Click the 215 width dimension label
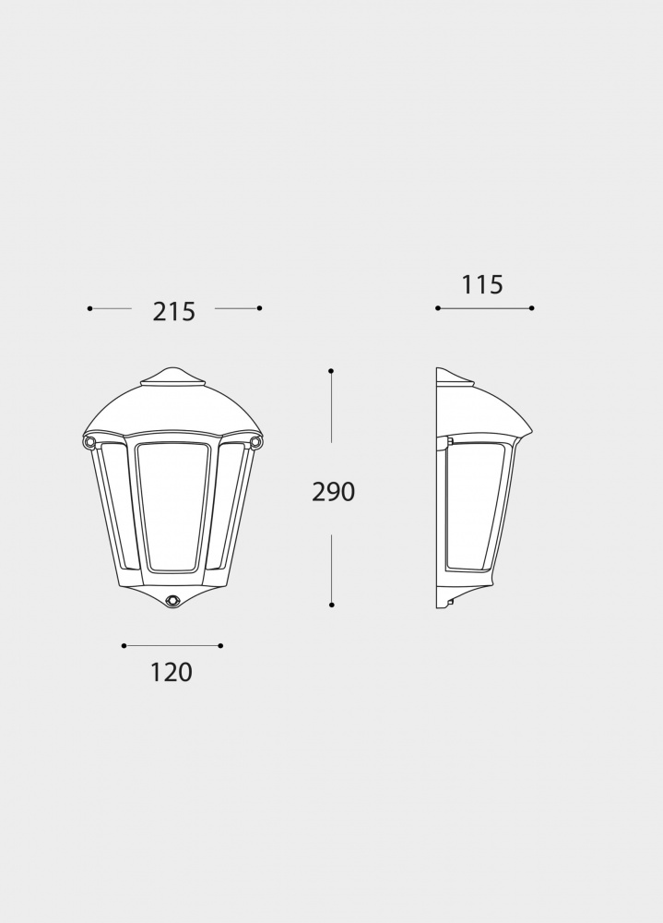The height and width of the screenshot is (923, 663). pos(174,312)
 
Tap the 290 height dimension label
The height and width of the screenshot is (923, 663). pos(333,493)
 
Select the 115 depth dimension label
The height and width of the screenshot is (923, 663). pos(482,285)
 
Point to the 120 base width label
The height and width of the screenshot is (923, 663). pos(172,673)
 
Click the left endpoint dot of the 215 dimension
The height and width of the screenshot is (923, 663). pos(89,308)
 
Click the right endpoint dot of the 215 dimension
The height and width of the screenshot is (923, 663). pos(260,308)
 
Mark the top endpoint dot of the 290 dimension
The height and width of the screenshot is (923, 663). pos(331,371)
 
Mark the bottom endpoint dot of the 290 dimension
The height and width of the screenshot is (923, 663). pos(331,605)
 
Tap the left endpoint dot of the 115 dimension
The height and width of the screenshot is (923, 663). pos(437,308)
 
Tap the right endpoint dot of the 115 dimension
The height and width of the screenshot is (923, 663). pos(532,308)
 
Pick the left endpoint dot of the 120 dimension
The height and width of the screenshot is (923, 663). pos(124,646)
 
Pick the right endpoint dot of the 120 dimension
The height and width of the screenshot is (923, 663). pos(221,646)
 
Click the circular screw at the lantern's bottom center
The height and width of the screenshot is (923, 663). pos(172,600)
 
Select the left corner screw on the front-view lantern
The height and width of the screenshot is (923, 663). pos(89,444)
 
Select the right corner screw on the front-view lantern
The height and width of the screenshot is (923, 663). pos(255,444)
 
